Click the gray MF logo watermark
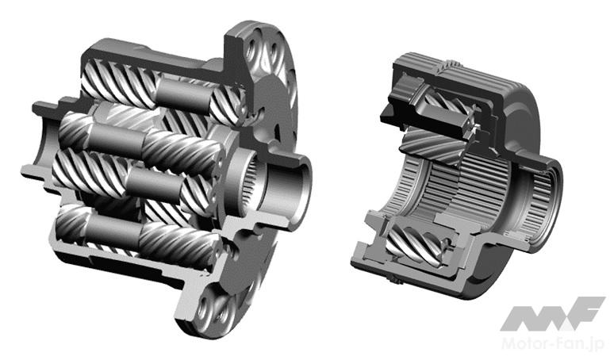coord(552,313)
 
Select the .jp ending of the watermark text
coord(595,344)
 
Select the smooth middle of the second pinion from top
coord(117,140)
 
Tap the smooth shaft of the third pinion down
coord(155,185)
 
